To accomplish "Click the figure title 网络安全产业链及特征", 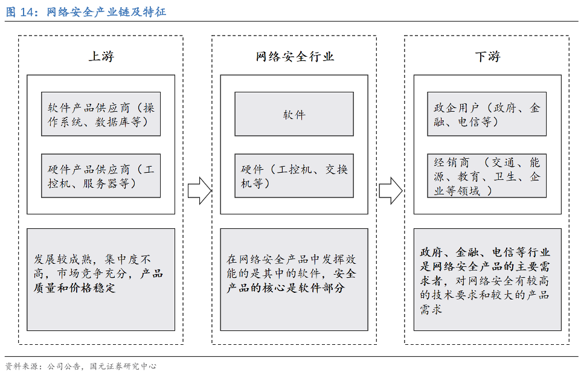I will pos(106,12).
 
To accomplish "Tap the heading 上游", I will pos(101,57).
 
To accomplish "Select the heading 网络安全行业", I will pos(294,57).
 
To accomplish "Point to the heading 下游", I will pos(487,57).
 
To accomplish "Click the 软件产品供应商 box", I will pos(101,114).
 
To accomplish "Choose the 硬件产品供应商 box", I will pos(101,176).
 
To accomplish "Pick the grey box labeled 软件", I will pos(294,114).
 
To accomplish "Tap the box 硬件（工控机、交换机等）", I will pos(294,176).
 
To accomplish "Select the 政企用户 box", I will pos(487,114).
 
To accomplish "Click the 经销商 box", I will pos(487,176).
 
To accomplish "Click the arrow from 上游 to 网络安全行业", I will pos(199,191).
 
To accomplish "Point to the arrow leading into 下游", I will pos(391,191).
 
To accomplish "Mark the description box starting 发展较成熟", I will pos(101,280).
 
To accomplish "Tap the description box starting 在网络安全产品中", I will pos(294,280).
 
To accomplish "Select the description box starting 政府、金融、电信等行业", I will pos(487,280).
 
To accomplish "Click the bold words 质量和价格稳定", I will pos(75,288).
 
